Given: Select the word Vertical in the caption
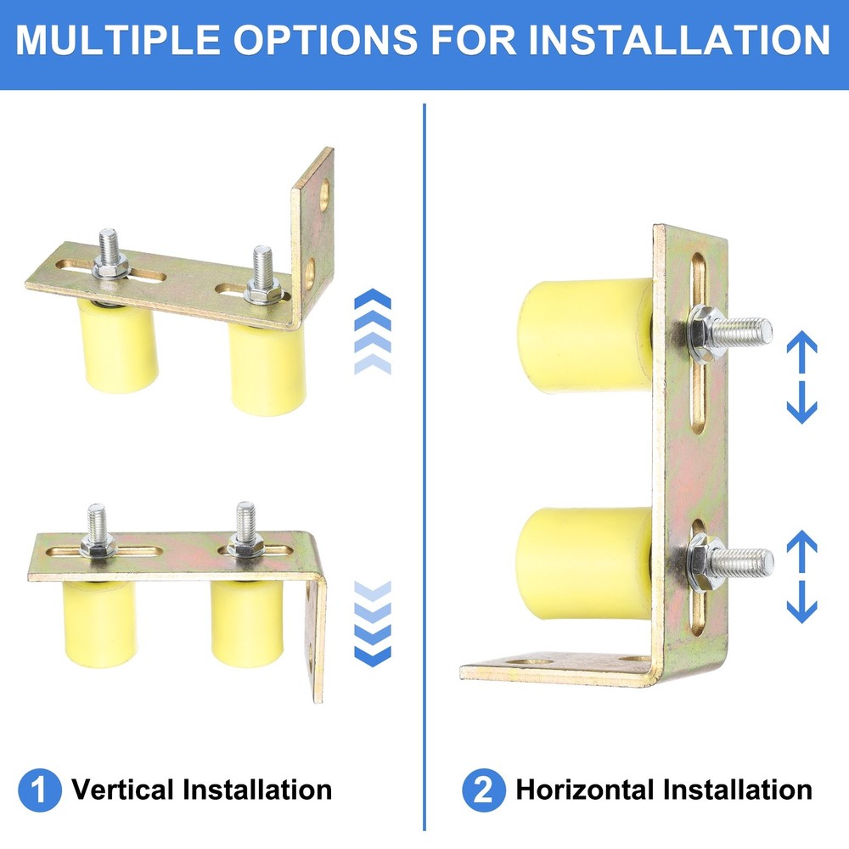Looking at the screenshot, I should coord(123,790).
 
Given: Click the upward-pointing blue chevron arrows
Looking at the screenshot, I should coord(372,331).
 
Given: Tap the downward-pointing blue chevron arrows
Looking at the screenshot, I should coord(372,622).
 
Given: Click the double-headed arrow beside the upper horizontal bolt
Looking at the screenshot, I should coord(801,378).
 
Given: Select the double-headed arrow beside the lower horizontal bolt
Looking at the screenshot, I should coord(801,576).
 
